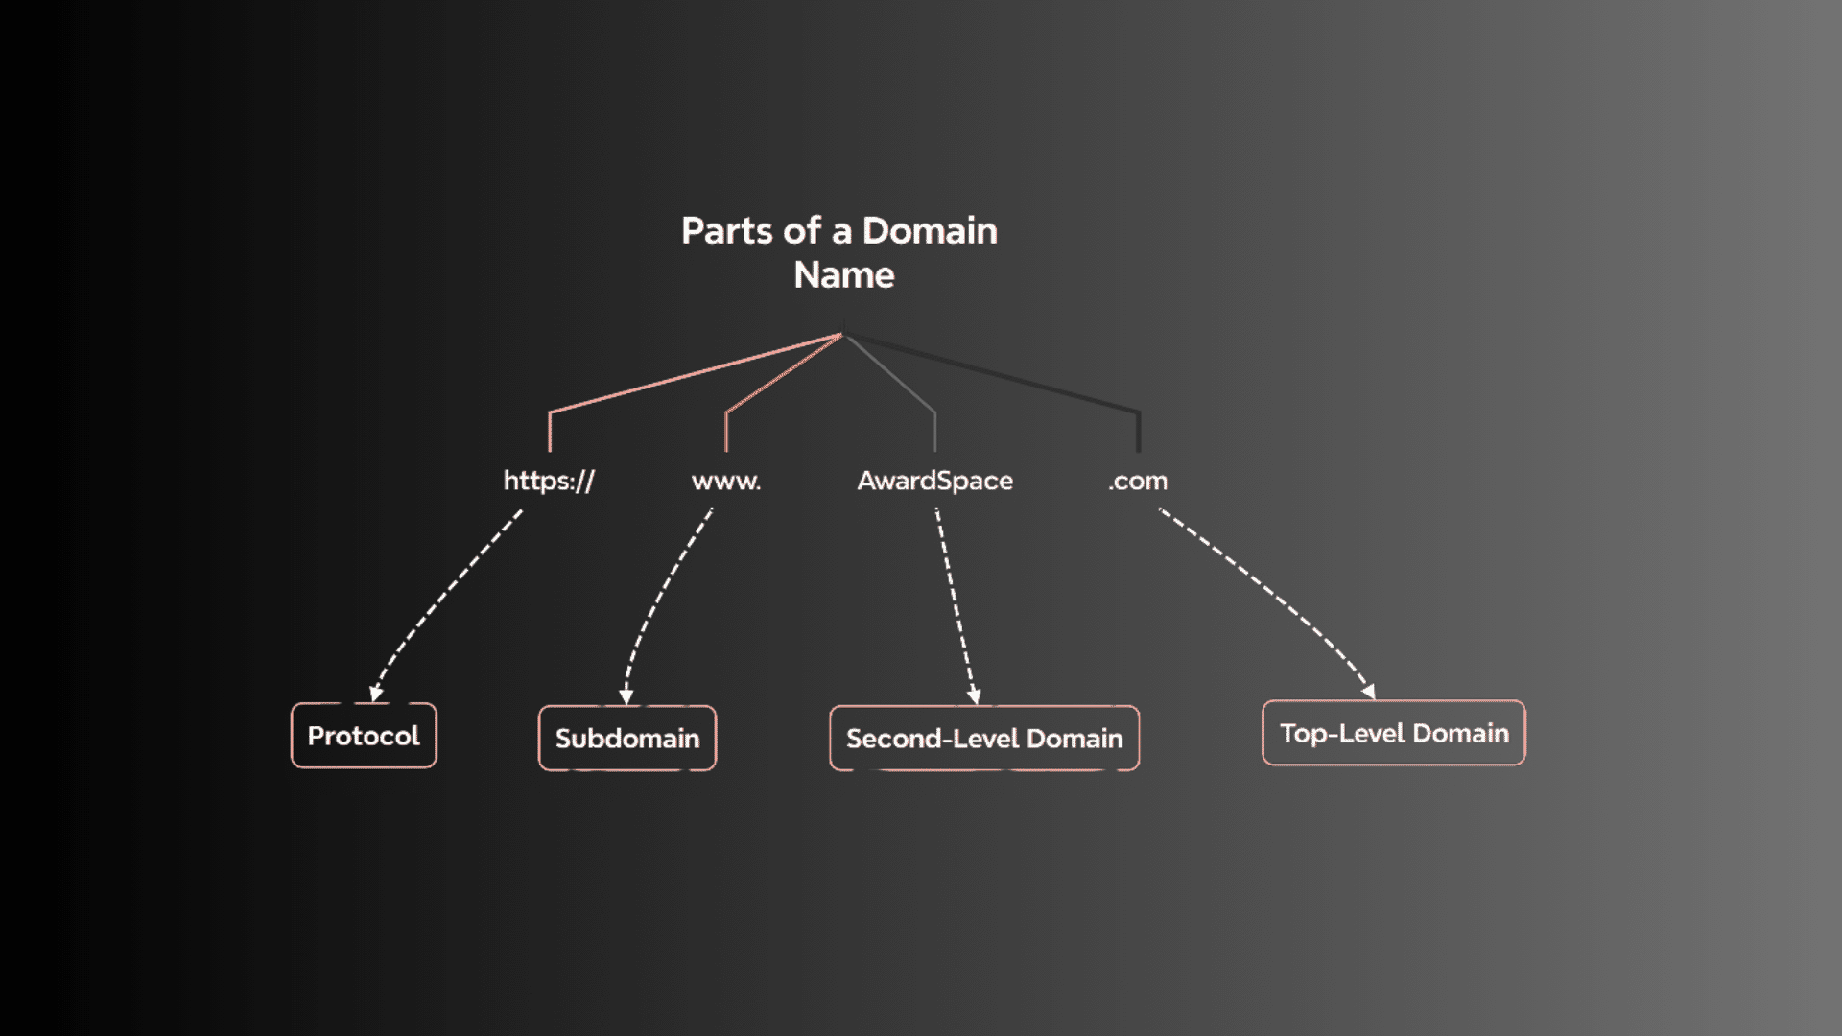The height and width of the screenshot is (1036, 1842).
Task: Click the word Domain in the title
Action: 929,231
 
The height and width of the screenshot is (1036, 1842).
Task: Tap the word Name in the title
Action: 843,275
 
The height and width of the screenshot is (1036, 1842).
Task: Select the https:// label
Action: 549,481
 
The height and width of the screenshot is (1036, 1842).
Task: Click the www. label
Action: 726,481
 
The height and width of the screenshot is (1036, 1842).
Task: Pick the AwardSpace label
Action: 934,481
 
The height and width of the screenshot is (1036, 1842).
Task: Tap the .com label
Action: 1138,481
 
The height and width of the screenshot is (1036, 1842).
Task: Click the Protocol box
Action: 364,736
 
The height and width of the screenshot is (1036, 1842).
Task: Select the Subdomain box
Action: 627,739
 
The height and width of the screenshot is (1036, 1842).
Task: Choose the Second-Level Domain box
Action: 984,739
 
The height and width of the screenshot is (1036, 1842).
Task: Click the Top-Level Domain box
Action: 1394,734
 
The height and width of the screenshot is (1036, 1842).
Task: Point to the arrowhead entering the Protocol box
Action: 376,694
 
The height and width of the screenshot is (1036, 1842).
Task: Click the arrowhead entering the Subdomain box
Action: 626,695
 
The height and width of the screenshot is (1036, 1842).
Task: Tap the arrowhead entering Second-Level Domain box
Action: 974,695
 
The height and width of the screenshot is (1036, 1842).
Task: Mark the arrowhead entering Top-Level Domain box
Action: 1369,691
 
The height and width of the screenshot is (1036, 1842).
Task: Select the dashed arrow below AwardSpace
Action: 955,604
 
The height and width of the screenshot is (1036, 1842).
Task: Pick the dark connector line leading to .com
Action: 1007,377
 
